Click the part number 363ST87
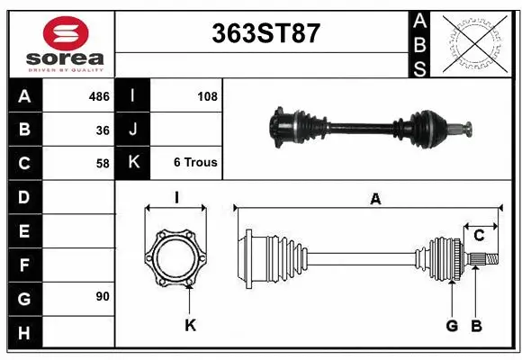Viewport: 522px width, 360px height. coord(265,33)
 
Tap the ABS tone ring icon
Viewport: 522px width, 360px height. coord(473,44)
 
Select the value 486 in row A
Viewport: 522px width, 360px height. coord(99,95)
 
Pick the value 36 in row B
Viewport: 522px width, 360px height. coord(103,130)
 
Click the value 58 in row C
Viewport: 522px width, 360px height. coord(103,164)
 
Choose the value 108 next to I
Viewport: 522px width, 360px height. coord(207,95)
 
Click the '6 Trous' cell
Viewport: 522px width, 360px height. coord(195,163)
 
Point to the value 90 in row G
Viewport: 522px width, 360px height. coord(103,296)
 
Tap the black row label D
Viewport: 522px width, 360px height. coord(24,196)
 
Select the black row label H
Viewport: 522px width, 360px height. coord(24,332)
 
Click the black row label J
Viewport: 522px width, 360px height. coord(133,130)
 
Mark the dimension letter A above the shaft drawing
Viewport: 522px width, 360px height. coord(374,200)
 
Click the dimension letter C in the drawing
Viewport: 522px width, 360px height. coord(480,236)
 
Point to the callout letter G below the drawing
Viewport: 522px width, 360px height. coord(452,325)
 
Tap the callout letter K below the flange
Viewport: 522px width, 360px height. coord(190,325)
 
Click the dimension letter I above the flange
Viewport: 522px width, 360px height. coord(177,197)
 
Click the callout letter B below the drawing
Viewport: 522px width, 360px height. coord(477,325)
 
